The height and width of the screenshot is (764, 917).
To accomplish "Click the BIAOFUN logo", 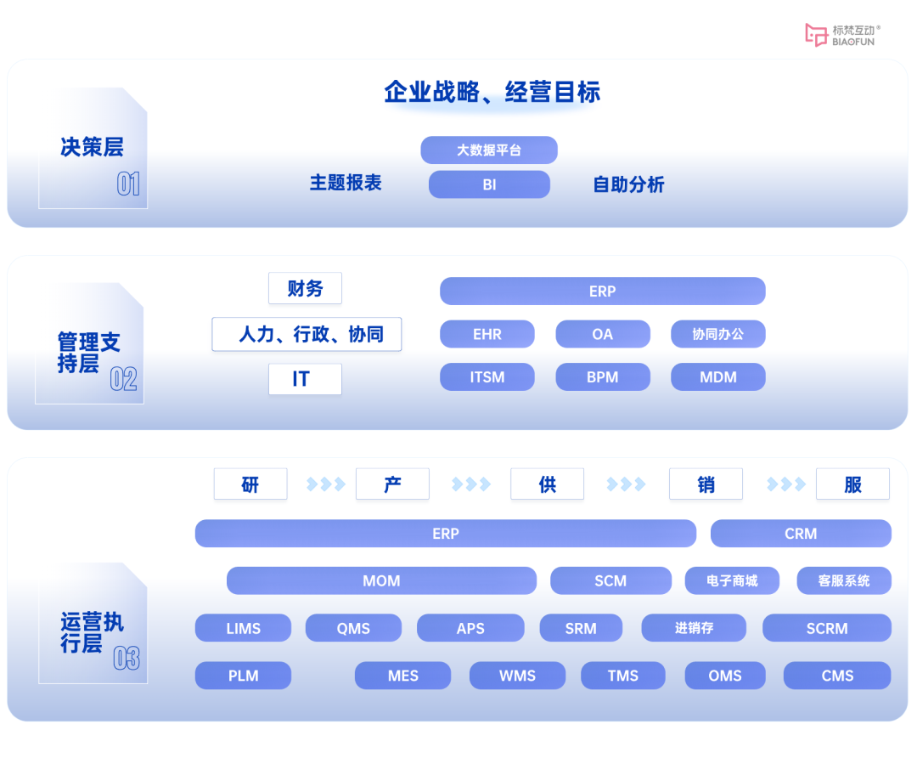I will [x=841, y=35].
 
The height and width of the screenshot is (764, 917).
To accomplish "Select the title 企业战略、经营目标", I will [x=492, y=92].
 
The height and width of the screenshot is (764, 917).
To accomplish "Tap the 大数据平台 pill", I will [x=489, y=150].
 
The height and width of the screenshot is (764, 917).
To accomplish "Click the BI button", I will [x=489, y=184].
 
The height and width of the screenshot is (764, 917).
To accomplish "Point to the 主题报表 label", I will [x=346, y=183].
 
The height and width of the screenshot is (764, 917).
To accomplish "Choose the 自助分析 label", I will [x=628, y=184].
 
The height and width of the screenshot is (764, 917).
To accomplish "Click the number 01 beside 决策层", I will [x=128, y=184].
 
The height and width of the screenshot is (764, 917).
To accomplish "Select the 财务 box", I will [x=305, y=289].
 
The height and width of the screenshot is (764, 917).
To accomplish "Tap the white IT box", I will [x=305, y=379].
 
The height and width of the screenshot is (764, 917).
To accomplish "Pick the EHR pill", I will [x=487, y=334].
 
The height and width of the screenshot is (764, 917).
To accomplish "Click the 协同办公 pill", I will [x=717, y=334].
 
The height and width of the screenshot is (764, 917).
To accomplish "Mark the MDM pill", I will [x=717, y=377].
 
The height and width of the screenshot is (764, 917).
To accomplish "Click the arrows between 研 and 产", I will [x=326, y=484].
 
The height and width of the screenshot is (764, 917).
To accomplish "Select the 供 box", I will [x=547, y=484].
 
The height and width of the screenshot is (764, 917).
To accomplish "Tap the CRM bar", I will [x=801, y=534].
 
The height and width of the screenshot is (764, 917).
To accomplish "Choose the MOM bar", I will [x=381, y=581].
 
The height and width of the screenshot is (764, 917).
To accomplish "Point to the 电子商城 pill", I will [x=731, y=581].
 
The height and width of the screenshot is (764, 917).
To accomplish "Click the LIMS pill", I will [x=243, y=629].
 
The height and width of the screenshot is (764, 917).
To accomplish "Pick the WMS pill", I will [x=517, y=676].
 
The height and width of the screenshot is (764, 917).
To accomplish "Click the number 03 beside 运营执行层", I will [x=127, y=658].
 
